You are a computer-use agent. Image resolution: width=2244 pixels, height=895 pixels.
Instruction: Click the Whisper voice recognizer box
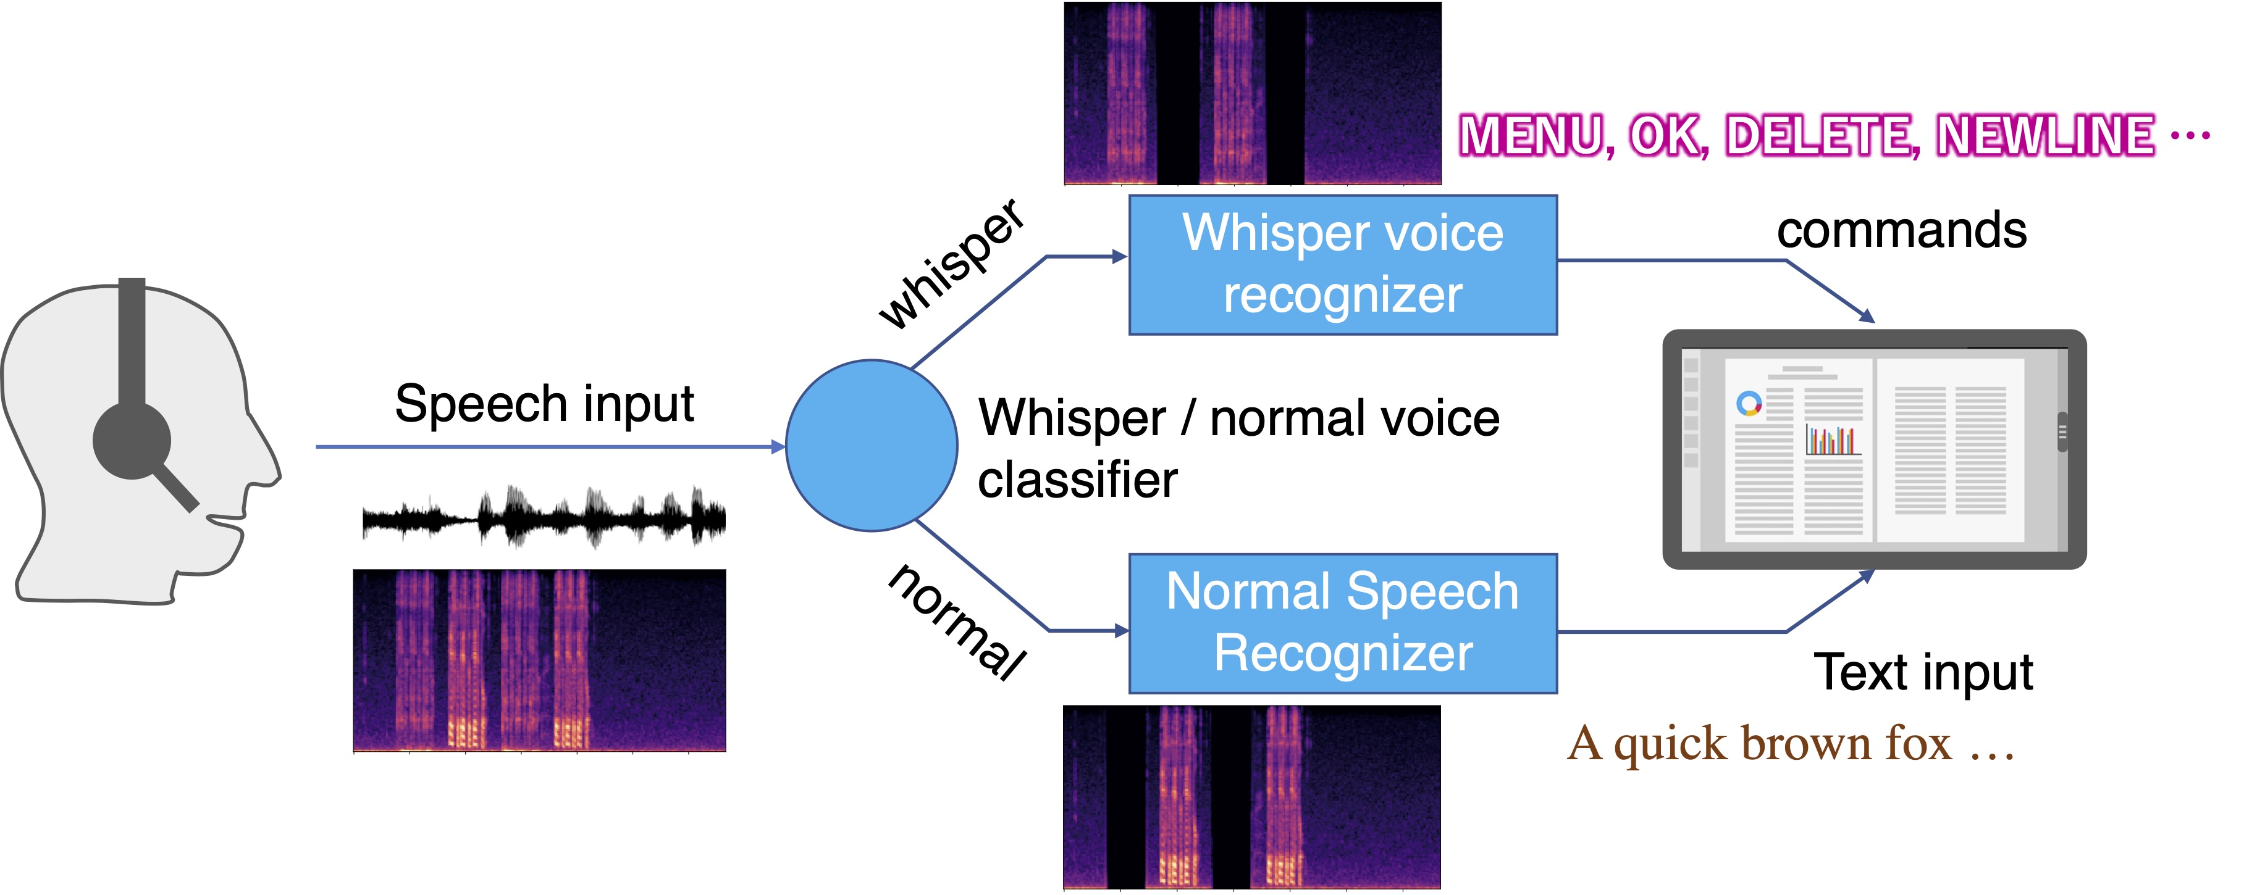click(1342, 265)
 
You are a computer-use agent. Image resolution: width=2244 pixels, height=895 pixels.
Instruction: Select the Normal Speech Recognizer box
click(1342, 623)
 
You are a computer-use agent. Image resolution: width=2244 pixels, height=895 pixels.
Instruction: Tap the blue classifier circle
click(871, 446)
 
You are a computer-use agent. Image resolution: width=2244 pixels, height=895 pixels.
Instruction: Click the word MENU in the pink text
click(1532, 136)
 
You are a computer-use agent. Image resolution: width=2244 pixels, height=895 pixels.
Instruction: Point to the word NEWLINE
click(2044, 136)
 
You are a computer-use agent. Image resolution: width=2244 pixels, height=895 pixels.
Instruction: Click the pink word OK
click(1666, 136)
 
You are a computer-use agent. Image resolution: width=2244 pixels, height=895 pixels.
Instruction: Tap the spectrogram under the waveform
click(539, 660)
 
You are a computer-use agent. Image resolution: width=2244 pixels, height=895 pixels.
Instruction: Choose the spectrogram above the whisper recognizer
click(1252, 93)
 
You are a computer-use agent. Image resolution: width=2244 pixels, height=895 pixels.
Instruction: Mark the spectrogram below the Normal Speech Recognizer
click(1252, 797)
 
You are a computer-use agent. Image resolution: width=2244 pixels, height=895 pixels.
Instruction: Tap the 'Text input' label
click(1923, 672)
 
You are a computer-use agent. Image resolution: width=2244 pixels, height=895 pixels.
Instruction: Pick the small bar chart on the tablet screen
click(1833, 439)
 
